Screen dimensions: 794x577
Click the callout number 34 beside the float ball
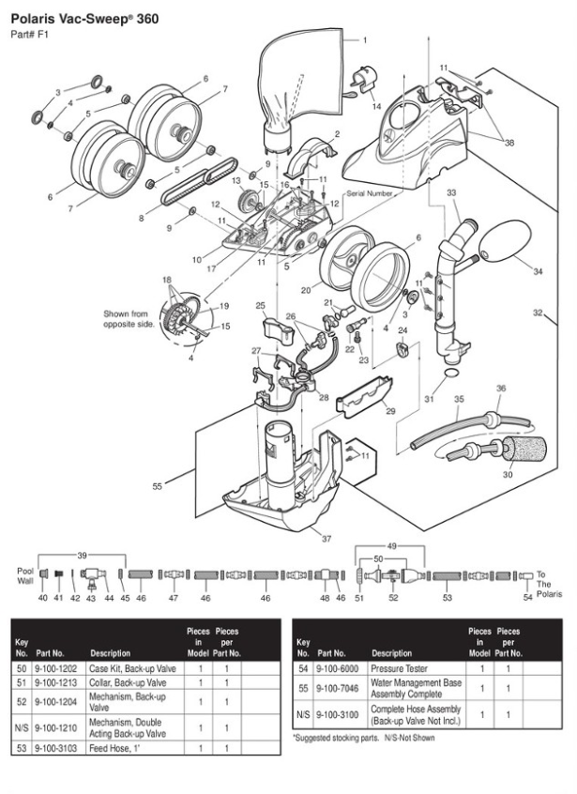coord(538,271)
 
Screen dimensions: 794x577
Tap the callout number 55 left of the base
coord(158,485)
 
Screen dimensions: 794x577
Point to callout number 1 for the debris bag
coord(365,40)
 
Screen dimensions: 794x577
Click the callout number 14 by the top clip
coord(376,107)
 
